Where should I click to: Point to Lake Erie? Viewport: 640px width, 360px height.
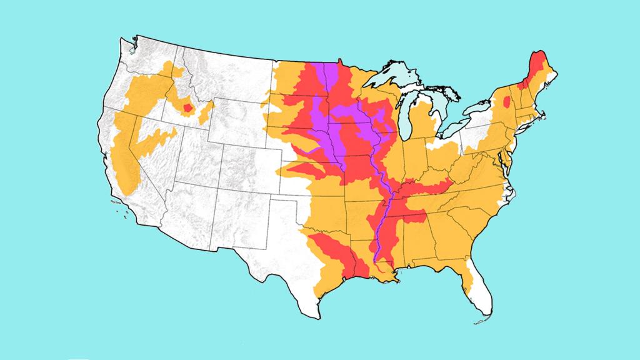pyautogui.click(x=466, y=138)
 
